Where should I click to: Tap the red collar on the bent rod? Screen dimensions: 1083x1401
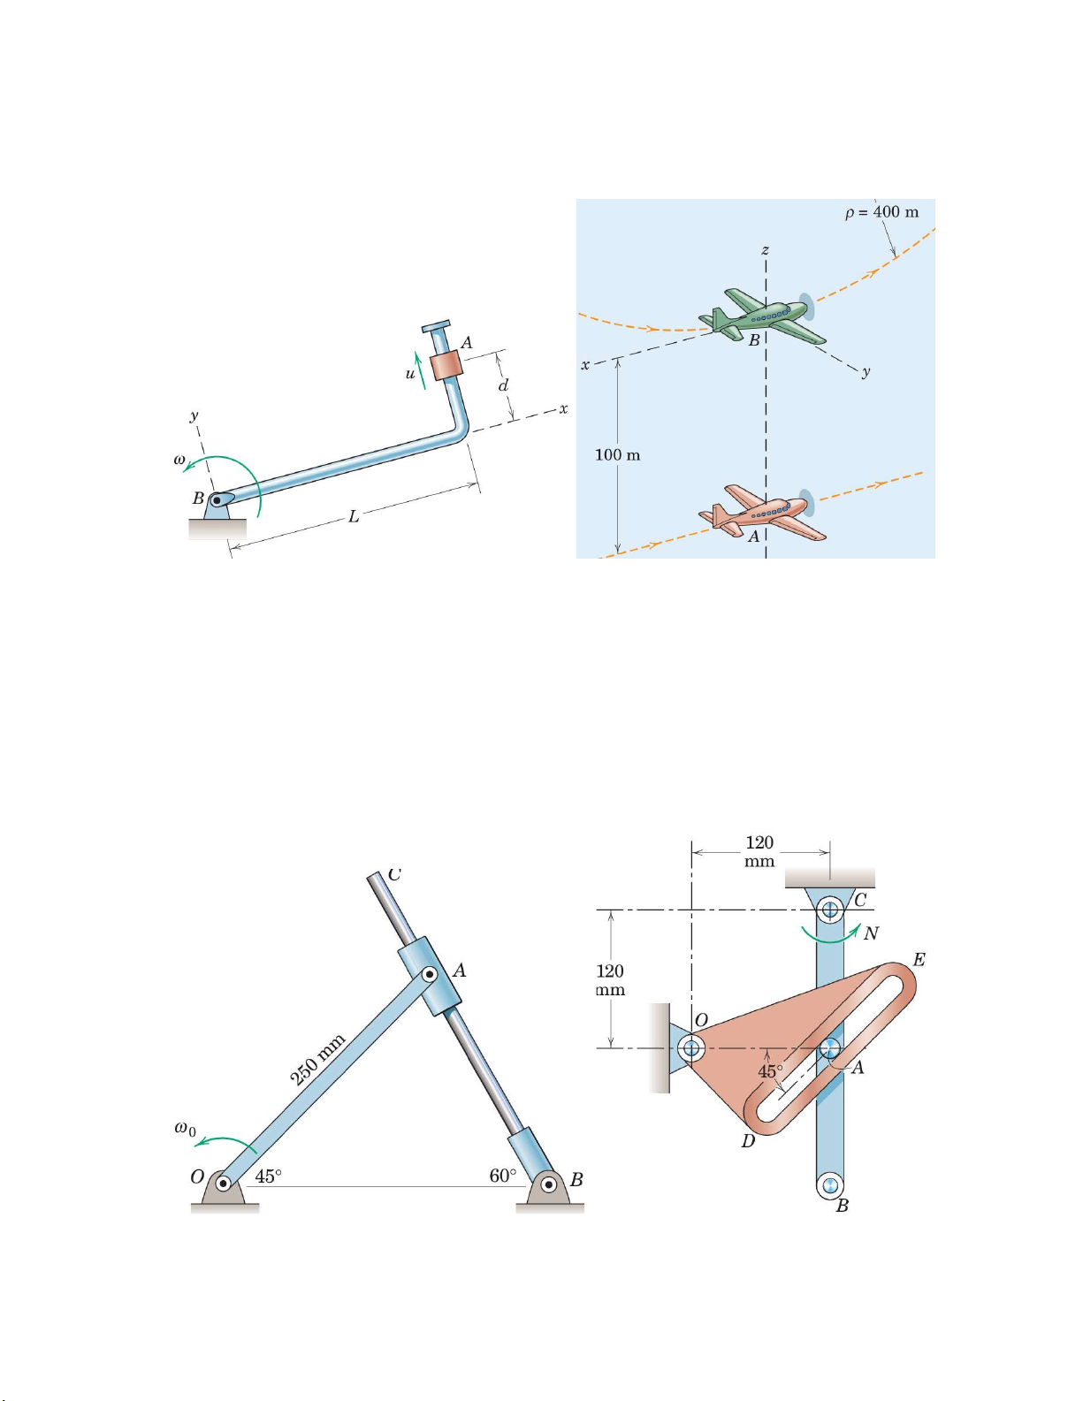(x=447, y=366)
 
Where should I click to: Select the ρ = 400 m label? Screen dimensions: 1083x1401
(x=882, y=212)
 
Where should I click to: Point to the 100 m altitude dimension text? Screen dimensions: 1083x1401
(x=618, y=454)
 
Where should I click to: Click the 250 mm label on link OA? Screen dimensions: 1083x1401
(x=317, y=1059)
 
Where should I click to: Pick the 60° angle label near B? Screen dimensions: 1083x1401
(x=503, y=1176)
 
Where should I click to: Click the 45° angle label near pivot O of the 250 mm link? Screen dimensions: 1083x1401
(x=268, y=1176)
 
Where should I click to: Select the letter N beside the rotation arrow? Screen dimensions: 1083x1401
(x=871, y=933)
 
